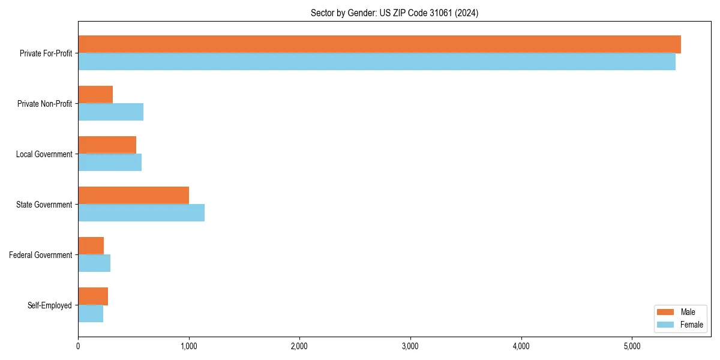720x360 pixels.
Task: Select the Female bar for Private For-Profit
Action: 377,62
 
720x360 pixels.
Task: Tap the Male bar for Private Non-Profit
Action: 95,95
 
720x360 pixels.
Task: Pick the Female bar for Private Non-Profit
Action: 111,112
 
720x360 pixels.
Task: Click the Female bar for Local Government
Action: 110,163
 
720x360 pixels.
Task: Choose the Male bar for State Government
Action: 134,196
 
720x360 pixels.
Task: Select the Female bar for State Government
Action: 142,213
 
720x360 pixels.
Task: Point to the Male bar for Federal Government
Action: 91,246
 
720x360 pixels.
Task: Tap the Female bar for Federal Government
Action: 94,263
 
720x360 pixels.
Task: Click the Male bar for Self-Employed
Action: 93,296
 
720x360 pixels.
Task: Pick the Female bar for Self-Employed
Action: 91,314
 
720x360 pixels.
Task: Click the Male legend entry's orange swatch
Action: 666,312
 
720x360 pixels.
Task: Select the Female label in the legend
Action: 691,325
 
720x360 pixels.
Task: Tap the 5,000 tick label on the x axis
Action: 632,346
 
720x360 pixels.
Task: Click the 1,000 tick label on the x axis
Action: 189,346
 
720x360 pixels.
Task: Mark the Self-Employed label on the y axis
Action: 50,305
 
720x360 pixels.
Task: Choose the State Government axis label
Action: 44,205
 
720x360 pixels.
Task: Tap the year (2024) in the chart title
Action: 466,13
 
